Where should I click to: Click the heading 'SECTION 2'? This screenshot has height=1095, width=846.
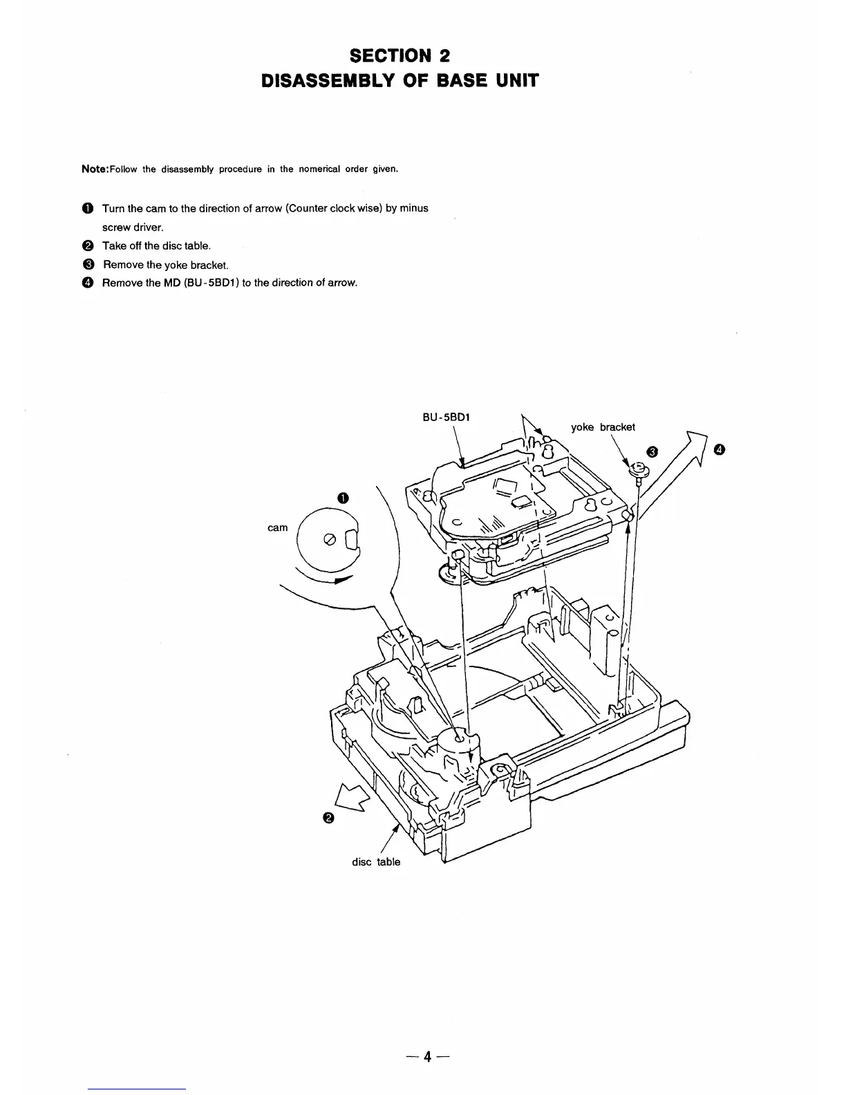[x=400, y=55]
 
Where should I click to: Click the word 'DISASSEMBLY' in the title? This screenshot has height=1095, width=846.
[x=323, y=81]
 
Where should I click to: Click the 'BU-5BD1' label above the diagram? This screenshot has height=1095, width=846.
[x=446, y=418]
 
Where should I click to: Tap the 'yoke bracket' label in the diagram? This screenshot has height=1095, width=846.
[x=602, y=427]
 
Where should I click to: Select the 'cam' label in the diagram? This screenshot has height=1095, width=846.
[x=277, y=528]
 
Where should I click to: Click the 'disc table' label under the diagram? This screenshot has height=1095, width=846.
[x=376, y=862]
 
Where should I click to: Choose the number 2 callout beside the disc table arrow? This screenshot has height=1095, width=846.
[x=328, y=818]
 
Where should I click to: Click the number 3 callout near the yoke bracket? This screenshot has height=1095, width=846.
[x=652, y=452]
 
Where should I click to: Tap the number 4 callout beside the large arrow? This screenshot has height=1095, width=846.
[x=720, y=451]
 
